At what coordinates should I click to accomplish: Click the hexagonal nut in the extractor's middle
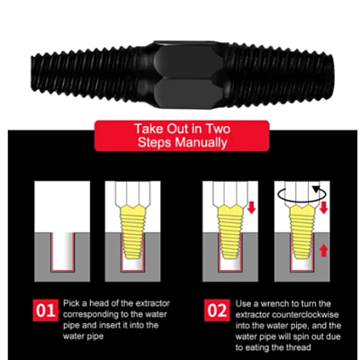[189, 75]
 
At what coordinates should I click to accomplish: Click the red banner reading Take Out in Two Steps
[182, 136]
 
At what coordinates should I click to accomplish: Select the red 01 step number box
[45, 310]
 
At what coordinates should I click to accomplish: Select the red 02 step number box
[217, 310]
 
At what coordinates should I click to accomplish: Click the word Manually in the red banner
[201, 143]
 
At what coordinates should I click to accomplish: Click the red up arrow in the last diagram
[323, 250]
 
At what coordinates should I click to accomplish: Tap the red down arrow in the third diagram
[251, 207]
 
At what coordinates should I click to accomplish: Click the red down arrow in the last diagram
[323, 207]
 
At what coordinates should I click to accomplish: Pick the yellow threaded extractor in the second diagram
[132, 232]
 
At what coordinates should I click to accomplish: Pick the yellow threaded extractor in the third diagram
[229, 232]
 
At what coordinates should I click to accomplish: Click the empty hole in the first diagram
[62, 251]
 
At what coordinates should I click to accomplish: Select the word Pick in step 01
[71, 303]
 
